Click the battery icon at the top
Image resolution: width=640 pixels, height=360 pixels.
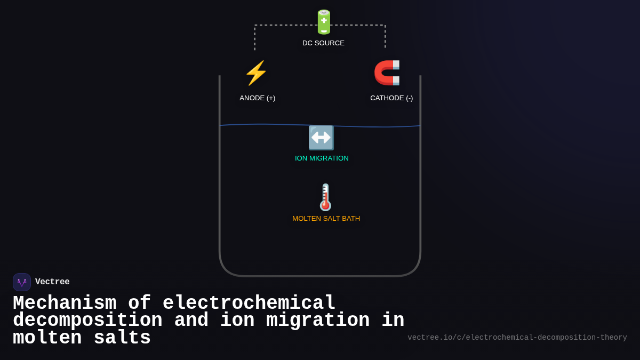[324, 22]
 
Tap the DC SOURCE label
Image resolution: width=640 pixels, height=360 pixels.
[323, 43]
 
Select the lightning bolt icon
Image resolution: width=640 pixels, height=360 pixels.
[256, 73]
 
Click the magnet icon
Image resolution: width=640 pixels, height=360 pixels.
[387, 73]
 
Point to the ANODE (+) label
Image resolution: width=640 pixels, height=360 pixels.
[257, 98]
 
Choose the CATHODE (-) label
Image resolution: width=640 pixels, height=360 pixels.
[391, 98]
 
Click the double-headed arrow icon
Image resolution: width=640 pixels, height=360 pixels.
[321, 138]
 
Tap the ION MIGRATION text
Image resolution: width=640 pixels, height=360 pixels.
[322, 158]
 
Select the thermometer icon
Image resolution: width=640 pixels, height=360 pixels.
[325, 197]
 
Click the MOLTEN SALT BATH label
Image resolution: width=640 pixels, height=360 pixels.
[326, 219]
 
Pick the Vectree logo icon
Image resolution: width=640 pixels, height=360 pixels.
[22, 282]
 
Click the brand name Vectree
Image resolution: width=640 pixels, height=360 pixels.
[52, 282]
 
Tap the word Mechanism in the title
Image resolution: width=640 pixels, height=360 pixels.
[65, 303]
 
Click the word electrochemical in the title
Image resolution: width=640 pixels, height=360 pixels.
[249, 303]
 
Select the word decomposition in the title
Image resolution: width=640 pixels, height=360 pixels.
[87, 321]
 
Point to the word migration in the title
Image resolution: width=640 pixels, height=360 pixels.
[318, 321]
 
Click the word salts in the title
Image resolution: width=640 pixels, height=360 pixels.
[122, 338]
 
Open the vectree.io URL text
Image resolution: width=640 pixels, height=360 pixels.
[517, 338]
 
